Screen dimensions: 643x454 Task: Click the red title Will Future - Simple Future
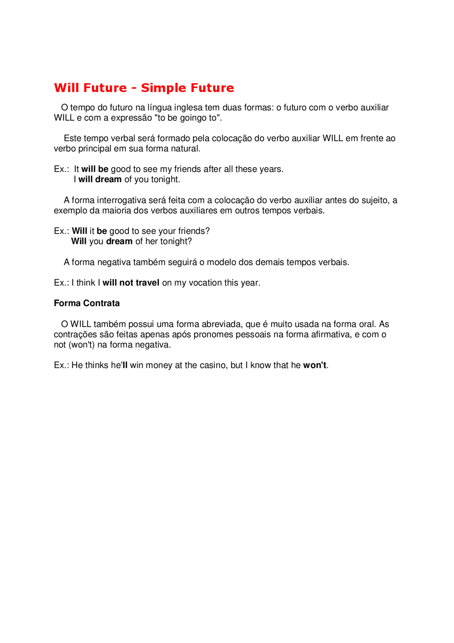tap(144, 88)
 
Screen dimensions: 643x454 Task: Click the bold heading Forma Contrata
tap(87, 303)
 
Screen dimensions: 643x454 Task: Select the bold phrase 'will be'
tap(95, 169)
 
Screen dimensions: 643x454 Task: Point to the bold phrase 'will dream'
tap(100, 179)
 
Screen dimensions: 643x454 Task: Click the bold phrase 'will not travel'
tap(131, 283)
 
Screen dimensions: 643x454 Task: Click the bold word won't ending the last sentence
tap(315, 365)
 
